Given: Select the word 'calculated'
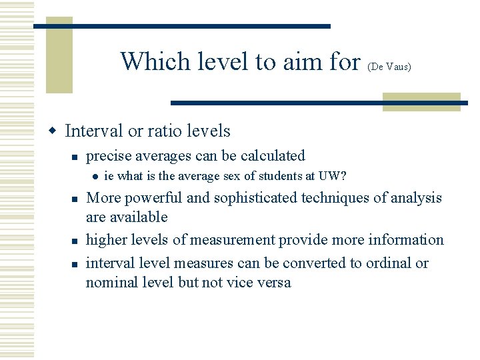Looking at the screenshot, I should tap(272, 156).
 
